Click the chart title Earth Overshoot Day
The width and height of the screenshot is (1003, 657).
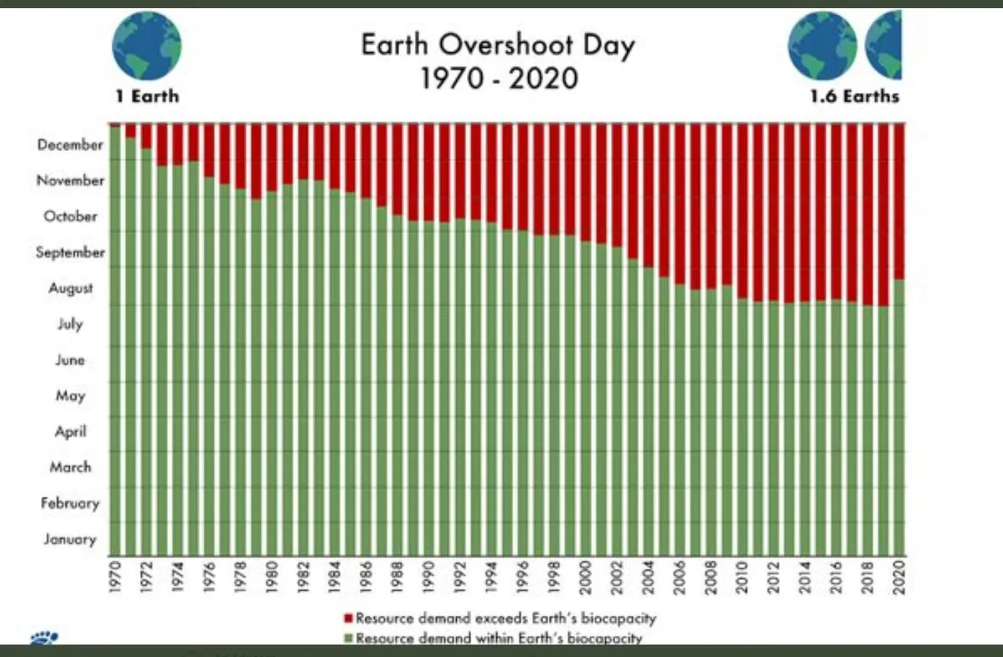coord(498,45)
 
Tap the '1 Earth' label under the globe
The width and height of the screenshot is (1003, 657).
coord(147,96)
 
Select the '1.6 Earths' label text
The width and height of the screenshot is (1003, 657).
coord(855,96)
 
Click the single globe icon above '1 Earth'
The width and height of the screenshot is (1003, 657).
coord(147,45)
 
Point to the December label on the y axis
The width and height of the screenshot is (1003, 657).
coord(70,145)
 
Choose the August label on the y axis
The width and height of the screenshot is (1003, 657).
coord(71,288)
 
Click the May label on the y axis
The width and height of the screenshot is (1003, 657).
coord(70,395)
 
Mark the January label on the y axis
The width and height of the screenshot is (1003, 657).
coord(70,539)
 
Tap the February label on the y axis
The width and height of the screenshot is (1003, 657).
coord(70,503)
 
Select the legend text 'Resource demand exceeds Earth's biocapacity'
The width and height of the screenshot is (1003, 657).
coord(505,619)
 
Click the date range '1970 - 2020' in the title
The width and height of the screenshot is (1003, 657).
coord(499,78)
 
